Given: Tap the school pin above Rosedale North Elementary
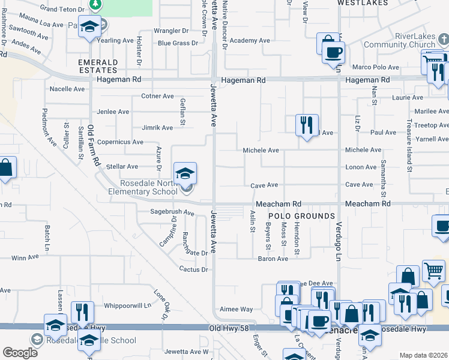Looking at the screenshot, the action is tap(185, 173).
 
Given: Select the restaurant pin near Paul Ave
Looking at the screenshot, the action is tap(307, 125).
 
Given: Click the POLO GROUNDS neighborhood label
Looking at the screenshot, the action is tap(301, 216).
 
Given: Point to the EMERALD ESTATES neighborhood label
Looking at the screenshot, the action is tap(97, 65).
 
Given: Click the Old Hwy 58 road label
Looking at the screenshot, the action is tap(232, 329).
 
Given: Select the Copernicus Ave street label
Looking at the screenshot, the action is tap(120, 142).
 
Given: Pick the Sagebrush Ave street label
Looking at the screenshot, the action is tap(172, 212).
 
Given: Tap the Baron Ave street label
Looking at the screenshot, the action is tap(273, 259).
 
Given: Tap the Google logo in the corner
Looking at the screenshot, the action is tap(20, 353).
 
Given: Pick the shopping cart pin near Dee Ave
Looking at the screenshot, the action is tap(433, 271).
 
